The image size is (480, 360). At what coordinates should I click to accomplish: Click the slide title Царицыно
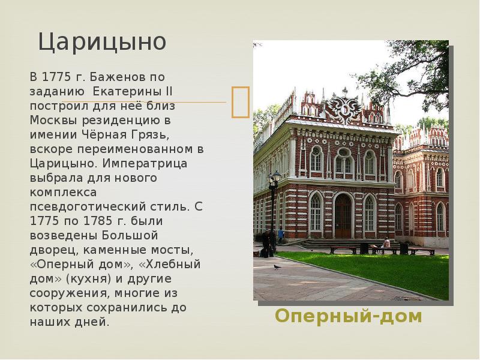(x=102, y=42)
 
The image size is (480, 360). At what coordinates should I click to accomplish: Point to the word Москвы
(x=54, y=121)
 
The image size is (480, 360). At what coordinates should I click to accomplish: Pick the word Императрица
(x=145, y=163)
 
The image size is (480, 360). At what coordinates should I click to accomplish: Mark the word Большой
(x=130, y=235)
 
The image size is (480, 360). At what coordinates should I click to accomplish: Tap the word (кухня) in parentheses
(x=88, y=279)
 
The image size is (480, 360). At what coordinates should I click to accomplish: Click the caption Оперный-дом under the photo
(x=349, y=316)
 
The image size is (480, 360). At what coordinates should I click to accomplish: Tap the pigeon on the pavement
(x=277, y=267)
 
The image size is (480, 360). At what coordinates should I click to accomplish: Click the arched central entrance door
(x=343, y=216)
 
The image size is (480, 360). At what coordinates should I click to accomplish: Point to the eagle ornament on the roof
(x=344, y=107)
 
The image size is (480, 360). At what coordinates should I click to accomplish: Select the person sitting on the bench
(x=386, y=244)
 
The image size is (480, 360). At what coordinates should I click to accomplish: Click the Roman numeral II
(x=169, y=91)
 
